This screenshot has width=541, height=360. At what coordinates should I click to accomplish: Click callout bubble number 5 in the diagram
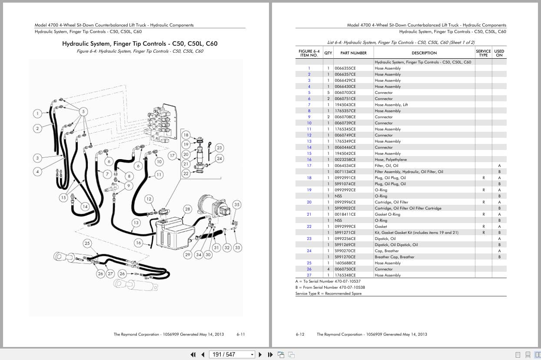[x=84, y=111]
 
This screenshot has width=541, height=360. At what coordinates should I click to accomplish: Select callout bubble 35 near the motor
[x=237, y=204]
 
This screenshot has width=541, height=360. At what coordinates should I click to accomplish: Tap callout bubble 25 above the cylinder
[x=87, y=243]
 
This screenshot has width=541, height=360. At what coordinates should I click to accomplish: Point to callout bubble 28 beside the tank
[x=187, y=209]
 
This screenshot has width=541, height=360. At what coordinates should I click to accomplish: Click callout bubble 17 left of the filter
[x=173, y=155]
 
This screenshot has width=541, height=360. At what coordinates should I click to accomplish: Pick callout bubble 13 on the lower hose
[x=136, y=223]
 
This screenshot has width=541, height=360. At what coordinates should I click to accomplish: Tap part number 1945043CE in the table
[x=345, y=105]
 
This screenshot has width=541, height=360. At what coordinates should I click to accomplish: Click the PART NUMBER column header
[x=353, y=53]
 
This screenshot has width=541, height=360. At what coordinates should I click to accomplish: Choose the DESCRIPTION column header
[x=424, y=53]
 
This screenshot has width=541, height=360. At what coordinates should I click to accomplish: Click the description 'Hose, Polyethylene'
[x=391, y=160]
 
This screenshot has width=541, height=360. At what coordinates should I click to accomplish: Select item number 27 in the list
[x=309, y=275]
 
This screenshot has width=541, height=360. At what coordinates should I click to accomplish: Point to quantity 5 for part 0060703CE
[x=328, y=93]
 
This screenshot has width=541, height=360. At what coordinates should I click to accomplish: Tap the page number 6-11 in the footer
[x=241, y=334]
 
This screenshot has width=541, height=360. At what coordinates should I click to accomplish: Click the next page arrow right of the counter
[x=260, y=354]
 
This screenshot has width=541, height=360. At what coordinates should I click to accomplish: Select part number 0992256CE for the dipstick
[x=345, y=239]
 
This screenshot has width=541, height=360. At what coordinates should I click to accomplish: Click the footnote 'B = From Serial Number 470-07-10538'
[x=330, y=287]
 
